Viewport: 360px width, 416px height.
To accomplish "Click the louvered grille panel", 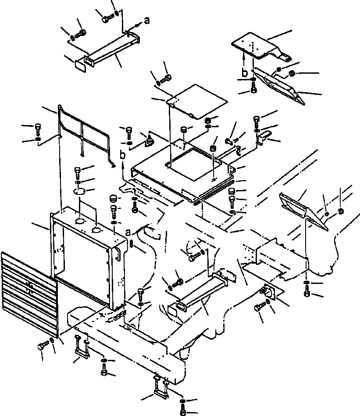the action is tap(29, 293).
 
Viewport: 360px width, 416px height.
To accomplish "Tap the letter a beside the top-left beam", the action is tap(147, 20).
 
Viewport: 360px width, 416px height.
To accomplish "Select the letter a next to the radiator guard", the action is tap(128, 233).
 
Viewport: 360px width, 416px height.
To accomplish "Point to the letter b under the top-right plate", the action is tap(245, 72).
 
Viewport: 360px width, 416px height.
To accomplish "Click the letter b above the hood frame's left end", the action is tap(122, 154).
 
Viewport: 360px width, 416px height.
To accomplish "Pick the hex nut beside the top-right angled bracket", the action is tap(291, 73).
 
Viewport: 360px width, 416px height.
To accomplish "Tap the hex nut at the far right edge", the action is tap(341, 211).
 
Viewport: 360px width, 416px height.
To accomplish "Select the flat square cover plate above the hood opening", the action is tap(197, 101).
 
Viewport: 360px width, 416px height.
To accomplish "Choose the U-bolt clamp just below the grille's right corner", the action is tap(82, 347).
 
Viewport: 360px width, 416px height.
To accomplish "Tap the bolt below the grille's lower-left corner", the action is tap(43, 346).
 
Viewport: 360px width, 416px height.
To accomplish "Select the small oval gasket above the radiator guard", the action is tap(79, 192).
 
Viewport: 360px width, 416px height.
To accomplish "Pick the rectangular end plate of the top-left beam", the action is tap(80, 66).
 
